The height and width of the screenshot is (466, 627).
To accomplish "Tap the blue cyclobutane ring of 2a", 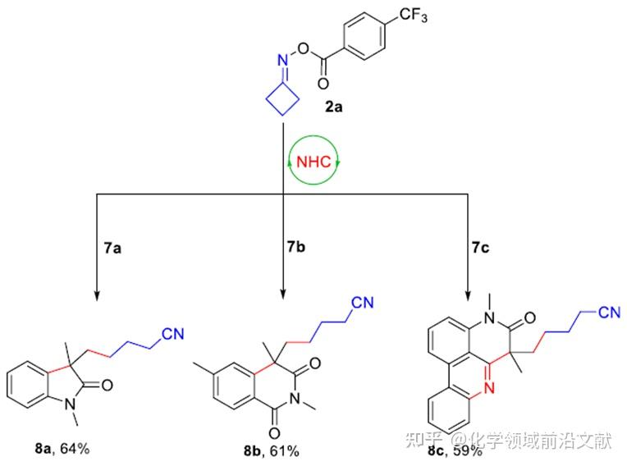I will (281, 103).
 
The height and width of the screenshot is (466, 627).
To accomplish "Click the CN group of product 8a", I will (172, 333).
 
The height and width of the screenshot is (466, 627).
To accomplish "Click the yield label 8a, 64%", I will (61, 448).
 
